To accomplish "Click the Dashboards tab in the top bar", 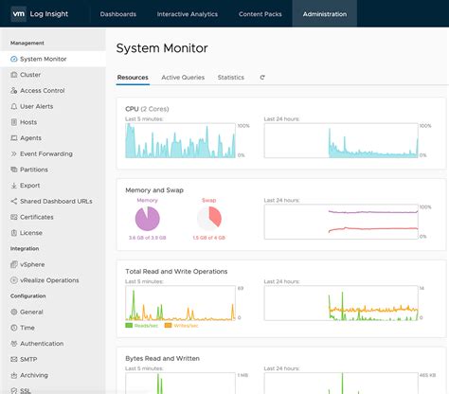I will (x=117, y=14).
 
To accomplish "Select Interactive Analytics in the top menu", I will (x=187, y=14).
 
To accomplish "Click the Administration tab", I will (x=325, y=14).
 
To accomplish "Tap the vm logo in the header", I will (x=17, y=14).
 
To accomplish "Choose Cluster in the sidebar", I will (x=30, y=74).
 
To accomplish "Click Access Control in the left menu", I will (x=42, y=90).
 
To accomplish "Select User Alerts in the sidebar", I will (x=38, y=106).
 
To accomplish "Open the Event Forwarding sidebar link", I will (x=45, y=153).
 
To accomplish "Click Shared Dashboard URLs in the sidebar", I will (x=55, y=201).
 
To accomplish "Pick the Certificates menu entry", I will (x=37, y=217).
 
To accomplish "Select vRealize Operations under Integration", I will (x=49, y=279).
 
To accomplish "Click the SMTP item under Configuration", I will (x=29, y=359).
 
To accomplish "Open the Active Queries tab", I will (x=183, y=78).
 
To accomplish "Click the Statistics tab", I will (x=230, y=78).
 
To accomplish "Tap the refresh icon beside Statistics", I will (x=261, y=78).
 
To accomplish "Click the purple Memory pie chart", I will (x=148, y=219).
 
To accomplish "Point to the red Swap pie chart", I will (x=209, y=219).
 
